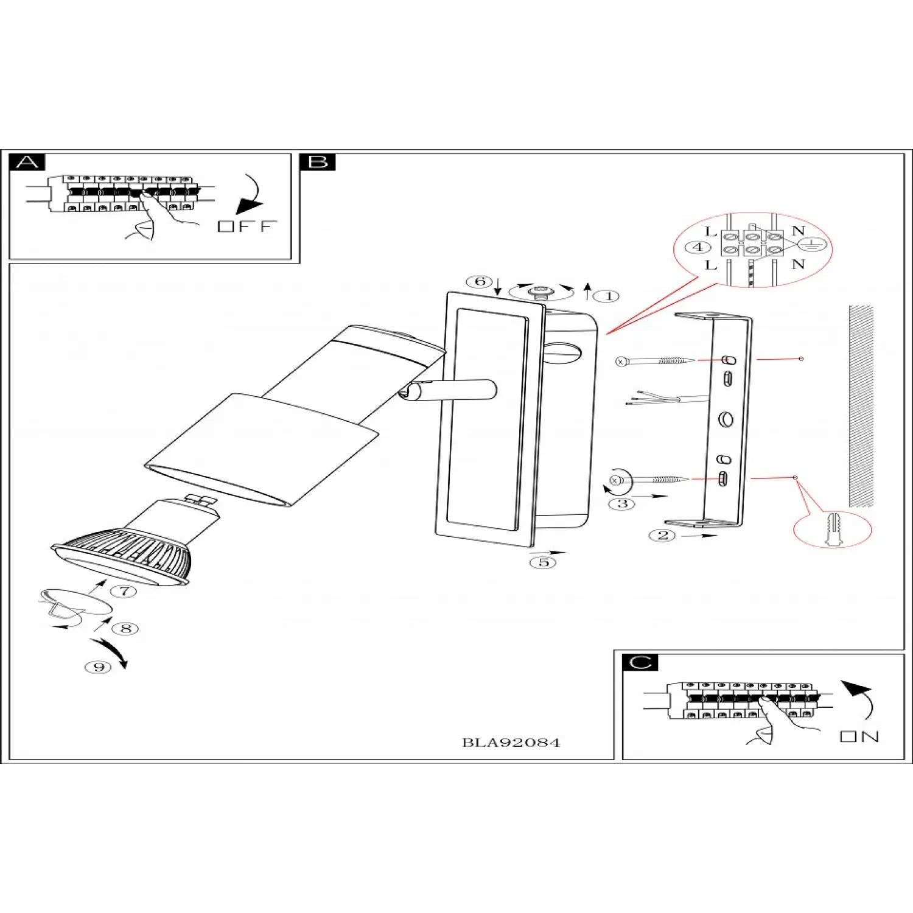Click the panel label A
[27, 163]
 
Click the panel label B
[318, 163]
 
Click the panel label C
[640, 662]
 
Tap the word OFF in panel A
[247, 226]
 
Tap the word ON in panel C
[859, 736]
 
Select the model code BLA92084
[511, 743]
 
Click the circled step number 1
[608, 296]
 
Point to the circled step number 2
[662, 536]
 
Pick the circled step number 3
[622, 503]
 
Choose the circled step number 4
[698, 247]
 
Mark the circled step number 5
[543, 562]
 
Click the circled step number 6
[480, 281]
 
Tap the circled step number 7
[124, 591]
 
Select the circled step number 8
[126, 628]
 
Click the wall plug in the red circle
[833, 529]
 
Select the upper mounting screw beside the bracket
[654, 361]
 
